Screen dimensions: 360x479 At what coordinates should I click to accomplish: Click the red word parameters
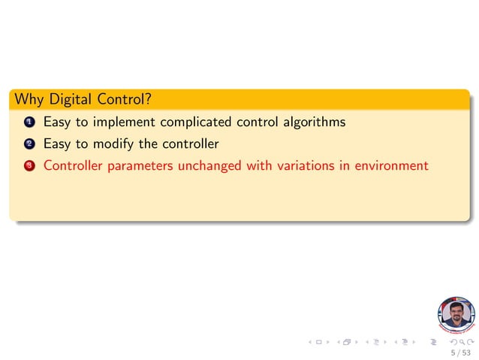point(143,166)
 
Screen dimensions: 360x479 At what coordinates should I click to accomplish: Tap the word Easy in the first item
point(57,122)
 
